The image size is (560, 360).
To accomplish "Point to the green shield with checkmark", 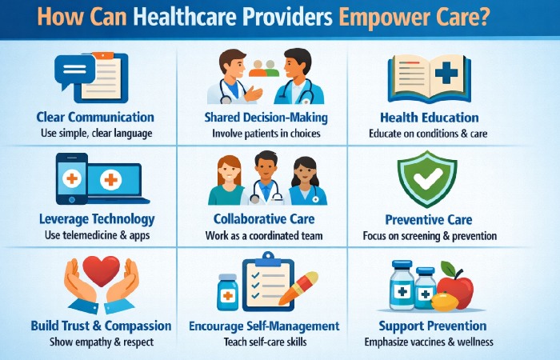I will coord(427,178).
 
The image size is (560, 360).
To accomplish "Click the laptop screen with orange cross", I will coord(112,180).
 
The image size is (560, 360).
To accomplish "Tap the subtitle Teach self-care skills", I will coord(263,342).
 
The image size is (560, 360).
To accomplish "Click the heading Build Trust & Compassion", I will coord(101,326).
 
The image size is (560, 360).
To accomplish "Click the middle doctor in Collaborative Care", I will coord(264,181).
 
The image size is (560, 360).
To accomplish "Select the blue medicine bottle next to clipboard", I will coord(227,292).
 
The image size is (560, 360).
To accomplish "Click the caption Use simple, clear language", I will coord(95,134).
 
